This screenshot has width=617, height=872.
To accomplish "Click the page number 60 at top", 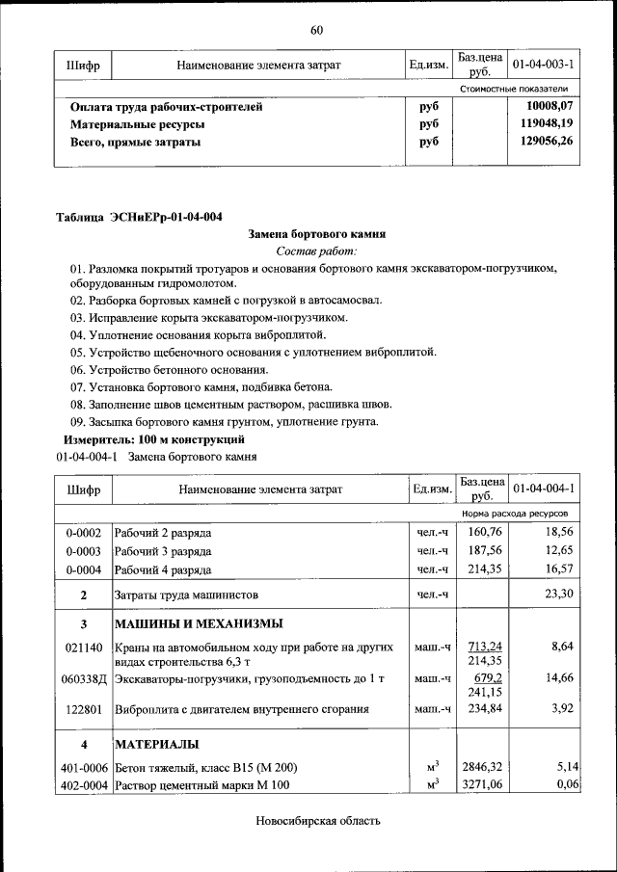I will (x=316, y=30).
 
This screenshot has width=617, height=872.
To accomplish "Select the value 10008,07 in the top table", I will (x=550, y=107).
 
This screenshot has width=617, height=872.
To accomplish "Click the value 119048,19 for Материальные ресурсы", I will (x=546, y=124).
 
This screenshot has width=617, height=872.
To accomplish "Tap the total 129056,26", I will (x=546, y=142).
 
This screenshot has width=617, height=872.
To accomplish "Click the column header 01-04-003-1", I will (x=544, y=65).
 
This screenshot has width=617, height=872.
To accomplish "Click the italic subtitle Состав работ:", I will (x=316, y=251).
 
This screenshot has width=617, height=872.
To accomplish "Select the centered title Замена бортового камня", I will (x=316, y=233).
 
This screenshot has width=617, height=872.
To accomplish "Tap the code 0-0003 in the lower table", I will (x=84, y=551).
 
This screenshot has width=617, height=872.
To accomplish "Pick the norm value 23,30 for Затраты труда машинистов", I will (x=558, y=594).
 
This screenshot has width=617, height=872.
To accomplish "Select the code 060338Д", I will (x=84, y=679).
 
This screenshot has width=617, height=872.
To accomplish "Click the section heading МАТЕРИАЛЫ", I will (x=157, y=745).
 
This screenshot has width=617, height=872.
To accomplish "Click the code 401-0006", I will (x=84, y=768).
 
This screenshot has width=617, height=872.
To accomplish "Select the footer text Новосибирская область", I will (x=318, y=821).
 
